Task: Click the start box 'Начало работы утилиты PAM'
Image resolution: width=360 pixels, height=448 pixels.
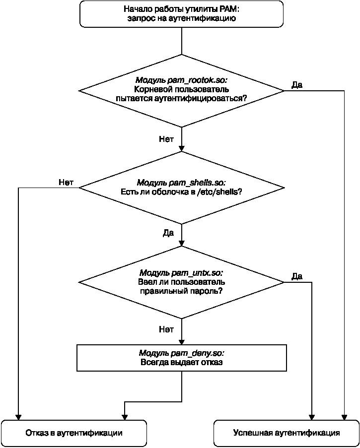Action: pos(181,14)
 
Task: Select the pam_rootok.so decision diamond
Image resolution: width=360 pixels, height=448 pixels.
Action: pos(181,91)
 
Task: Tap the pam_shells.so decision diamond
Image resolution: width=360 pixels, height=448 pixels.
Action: pos(181,188)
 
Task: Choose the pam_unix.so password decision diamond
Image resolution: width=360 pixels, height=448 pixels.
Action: pos(181,282)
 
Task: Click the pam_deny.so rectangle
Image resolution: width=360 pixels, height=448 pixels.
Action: pos(182,358)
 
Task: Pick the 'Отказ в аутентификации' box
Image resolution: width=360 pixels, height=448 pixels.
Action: pos(73,433)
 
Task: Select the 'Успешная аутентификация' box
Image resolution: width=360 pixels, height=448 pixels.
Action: pos(287,433)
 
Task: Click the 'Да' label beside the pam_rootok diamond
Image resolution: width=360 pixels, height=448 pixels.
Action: pos(297,85)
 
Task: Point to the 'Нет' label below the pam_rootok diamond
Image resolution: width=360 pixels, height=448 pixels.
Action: pos(166,139)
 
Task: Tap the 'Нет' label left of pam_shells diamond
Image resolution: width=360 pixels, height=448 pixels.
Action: pos(66,182)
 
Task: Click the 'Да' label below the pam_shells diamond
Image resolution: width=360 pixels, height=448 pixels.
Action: pos(168,233)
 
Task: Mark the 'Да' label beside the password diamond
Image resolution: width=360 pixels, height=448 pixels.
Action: pos(297,276)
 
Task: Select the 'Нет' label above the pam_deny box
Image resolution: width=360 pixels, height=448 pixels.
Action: pos(166,329)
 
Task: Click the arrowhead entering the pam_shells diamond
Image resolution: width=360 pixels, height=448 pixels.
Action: pos(182,148)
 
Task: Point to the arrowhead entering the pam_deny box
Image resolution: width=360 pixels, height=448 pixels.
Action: pos(182,341)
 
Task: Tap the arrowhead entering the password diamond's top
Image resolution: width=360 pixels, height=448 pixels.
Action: pos(182,243)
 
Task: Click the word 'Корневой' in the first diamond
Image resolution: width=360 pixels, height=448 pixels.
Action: pos(151,89)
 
